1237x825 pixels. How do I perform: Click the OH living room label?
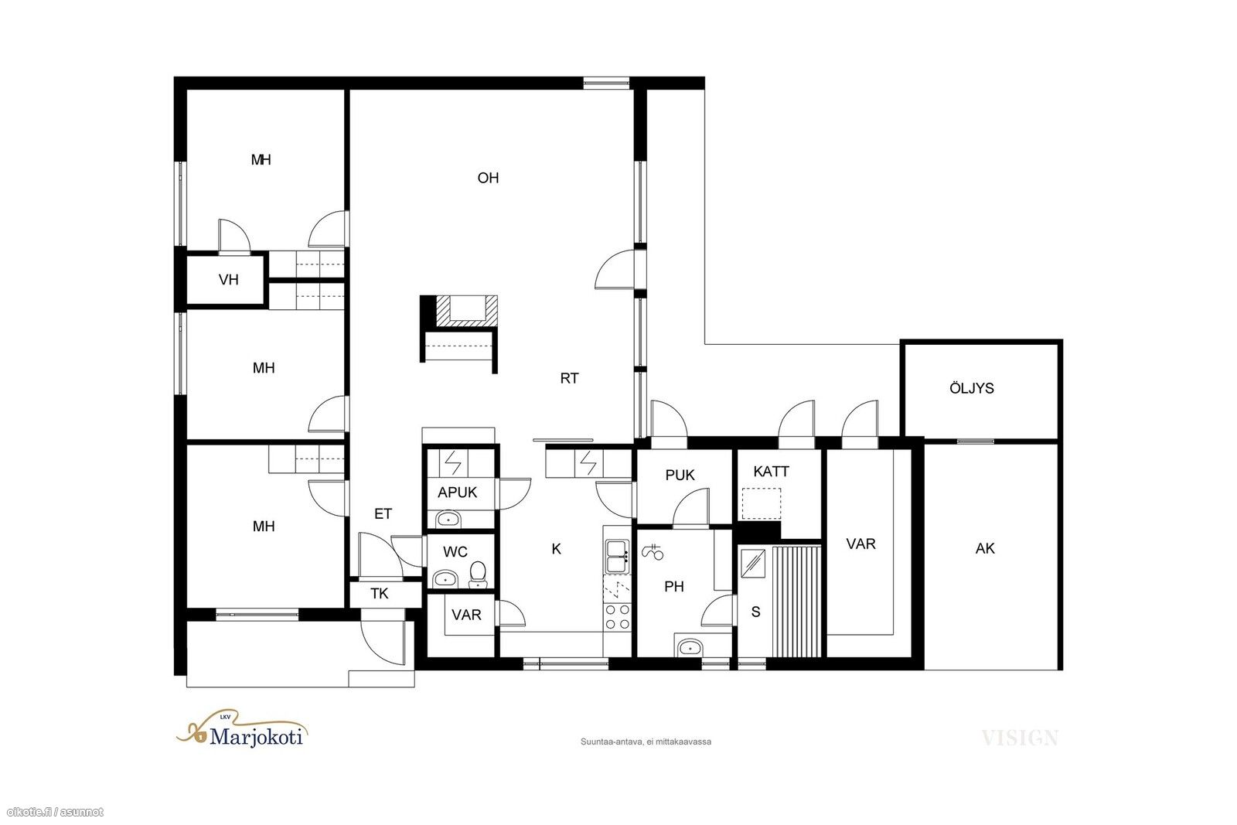[488, 178]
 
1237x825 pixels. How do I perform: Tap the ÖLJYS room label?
[971, 387]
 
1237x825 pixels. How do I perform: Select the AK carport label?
[985, 548]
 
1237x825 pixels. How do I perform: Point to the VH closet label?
[229, 279]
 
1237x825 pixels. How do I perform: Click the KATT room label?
[771, 471]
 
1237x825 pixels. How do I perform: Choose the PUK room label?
[680, 475]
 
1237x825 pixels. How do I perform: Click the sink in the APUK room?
[448, 519]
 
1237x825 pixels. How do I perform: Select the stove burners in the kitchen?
[618, 617]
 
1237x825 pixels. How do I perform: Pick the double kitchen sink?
[617, 557]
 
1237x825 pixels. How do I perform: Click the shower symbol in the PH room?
[653, 551]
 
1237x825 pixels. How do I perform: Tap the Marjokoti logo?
[243, 729]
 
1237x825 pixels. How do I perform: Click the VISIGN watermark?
[1020, 738]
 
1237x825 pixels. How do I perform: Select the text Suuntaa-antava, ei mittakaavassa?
[646, 741]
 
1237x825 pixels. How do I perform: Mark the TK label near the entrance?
[380, 594]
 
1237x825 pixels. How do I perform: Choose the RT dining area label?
[569, 378]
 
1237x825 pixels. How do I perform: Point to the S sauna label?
[756, 612]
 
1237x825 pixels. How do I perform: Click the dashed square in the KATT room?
[761, 503]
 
